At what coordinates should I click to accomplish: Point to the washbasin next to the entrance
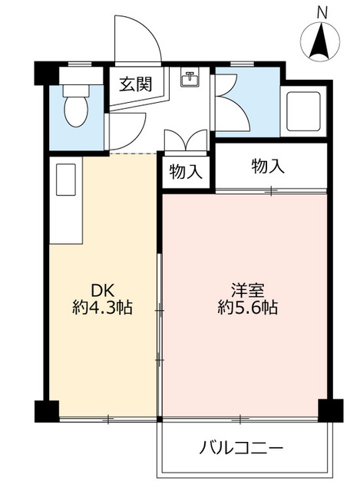click(x=189, y=77)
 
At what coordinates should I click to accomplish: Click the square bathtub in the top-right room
click(x=304, y=110)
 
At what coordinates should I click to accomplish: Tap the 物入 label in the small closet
click(x=186, y=172)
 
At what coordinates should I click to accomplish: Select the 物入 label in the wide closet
click(x=269, y=165)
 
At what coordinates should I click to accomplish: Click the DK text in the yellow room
click(x=104, y=291)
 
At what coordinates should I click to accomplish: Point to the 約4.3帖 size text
click(x=102, y=308)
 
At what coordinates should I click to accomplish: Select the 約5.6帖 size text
click(x=247, y=308)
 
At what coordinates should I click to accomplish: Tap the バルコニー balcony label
click(x=243, y=447)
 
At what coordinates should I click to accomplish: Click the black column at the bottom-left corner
click(x=46, y=411)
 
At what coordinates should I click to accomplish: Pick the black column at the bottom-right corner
click(x=331, y=411)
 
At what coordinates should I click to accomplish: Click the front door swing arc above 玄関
click(x=136, y=38)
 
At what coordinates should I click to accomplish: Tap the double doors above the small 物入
click(x=186, y=143)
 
